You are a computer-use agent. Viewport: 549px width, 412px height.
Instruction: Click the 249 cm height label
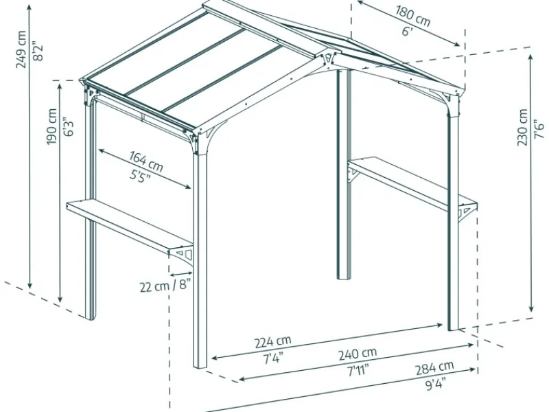pos(21,49)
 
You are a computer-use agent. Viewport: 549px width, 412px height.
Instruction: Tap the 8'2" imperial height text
pos(38,51)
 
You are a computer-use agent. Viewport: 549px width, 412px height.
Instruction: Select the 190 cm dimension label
pos(52,126)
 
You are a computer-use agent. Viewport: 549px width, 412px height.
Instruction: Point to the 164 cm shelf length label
pos(146,161)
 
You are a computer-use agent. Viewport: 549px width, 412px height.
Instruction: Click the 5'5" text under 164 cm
pos(140,176)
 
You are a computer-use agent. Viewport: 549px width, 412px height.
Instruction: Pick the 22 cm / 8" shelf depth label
pos(165,286)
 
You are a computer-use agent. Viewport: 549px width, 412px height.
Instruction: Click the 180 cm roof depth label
pos(413,16)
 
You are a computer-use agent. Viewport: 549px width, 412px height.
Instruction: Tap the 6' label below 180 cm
pos(408,32)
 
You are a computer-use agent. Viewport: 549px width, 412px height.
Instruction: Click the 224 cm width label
pos(272,341)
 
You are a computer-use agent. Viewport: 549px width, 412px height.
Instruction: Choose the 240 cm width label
pos(358,353)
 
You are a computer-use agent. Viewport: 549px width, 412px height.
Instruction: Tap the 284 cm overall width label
pos(434,368)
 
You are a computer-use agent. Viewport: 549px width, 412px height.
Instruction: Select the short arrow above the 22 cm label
pos(180,273)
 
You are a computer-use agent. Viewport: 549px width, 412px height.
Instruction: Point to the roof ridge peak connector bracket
pos(328,59)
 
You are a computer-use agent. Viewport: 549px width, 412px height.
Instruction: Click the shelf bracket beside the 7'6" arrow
pos(466,212)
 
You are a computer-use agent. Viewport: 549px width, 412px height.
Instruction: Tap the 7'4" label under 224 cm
pos(272,358)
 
